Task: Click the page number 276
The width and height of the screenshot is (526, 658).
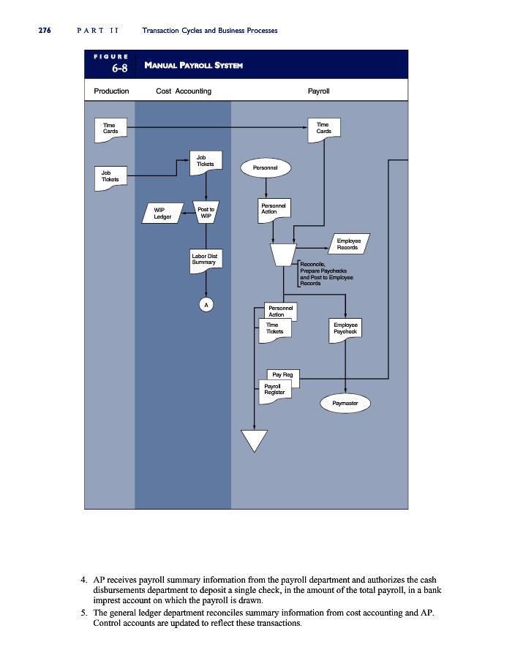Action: coord(45,30)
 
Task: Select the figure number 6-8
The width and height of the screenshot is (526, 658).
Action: coord(120,68)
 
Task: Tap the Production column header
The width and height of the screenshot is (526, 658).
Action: coord(111,91)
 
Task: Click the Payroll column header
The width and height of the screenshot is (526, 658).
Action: coord(319,91)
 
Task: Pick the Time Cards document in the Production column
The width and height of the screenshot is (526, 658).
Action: coord(110,130)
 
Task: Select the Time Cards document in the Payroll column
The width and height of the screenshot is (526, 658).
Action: coord(324,129)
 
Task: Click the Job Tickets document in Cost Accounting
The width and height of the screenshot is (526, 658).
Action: coord(206,163)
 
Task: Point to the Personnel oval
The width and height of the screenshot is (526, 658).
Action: coord(266,168)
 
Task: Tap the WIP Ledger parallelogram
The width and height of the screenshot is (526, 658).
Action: coord(162,213)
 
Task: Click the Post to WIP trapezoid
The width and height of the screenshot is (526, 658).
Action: coord(206,212)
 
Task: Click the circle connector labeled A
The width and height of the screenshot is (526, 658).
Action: coord(206,305)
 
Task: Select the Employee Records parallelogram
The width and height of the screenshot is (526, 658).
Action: coord(348,243)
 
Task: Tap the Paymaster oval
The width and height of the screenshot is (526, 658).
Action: coord(345,404)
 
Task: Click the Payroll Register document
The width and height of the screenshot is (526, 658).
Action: coord(275,392)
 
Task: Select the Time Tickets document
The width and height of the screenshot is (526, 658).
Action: coord(275,330)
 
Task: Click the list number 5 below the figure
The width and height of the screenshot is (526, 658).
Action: coord(84,613)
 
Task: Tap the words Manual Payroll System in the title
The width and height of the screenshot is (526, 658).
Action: coord(194,65)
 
